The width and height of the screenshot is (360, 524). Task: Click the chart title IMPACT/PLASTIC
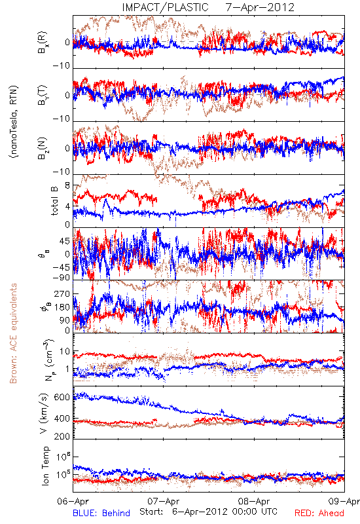(165, 7)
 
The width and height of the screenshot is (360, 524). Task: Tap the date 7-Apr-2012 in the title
(260, 7)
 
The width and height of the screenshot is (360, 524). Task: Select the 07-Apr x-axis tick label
(164, 502)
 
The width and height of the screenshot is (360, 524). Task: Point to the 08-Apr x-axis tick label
(254, 502)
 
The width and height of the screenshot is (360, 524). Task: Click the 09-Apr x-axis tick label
(344, 502)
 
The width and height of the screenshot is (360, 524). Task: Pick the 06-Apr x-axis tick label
(73, 502)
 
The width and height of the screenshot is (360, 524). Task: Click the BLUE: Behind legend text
(101, 514)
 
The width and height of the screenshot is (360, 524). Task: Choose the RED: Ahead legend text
(319, 514)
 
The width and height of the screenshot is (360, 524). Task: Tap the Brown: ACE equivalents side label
(13, 333)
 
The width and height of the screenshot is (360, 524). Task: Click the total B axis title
(54, 201)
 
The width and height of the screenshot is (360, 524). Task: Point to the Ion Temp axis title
(45, 466)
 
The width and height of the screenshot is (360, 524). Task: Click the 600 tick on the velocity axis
(62, 398)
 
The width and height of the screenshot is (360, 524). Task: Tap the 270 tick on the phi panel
(62, 294)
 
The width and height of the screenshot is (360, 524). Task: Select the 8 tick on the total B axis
(67, 186)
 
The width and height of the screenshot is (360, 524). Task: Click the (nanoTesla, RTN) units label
(14, 122)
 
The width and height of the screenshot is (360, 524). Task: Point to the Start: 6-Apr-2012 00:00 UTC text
(208, 512)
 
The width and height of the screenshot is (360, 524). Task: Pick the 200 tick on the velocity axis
(62, 436)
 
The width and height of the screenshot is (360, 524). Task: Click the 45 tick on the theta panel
(65, 241)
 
